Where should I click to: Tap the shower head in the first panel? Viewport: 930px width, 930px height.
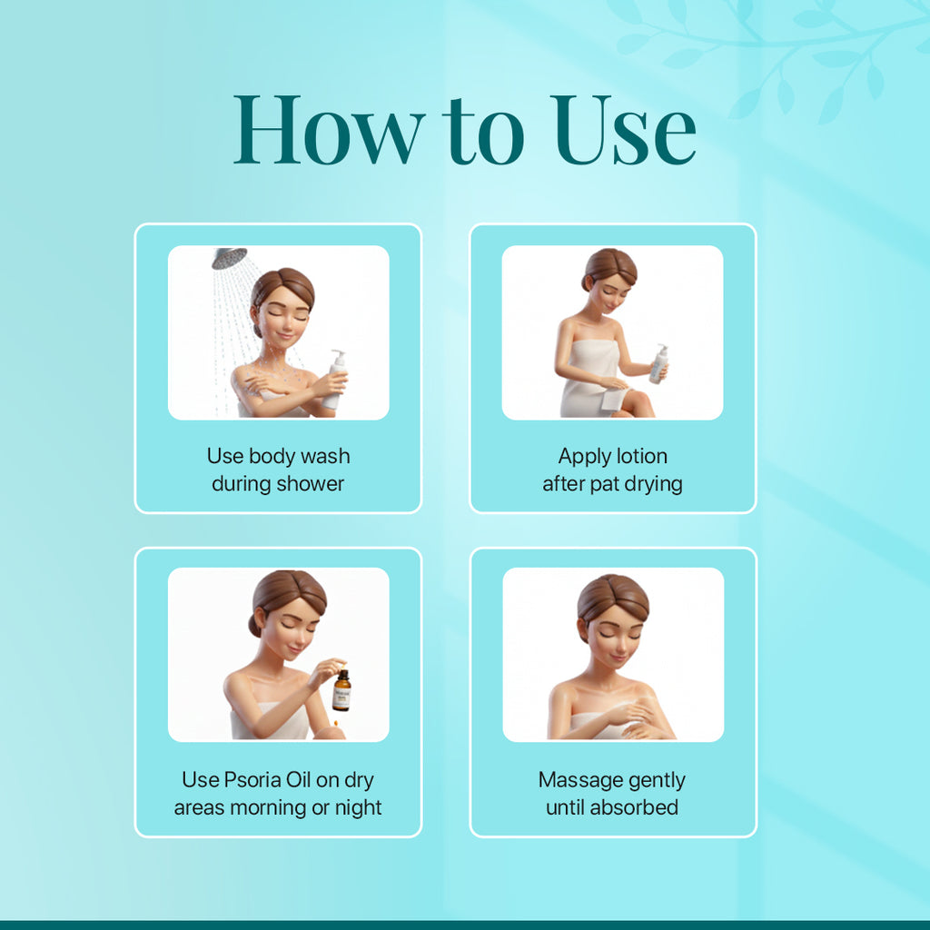click(x=228, y=259)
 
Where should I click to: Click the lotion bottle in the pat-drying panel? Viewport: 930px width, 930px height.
click(x=658, y=364)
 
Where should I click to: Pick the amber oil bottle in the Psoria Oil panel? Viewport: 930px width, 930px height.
click(x=341, y=691)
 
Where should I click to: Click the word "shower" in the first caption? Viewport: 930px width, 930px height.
click(x=310, y=484)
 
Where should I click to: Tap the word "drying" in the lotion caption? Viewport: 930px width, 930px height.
click(x=653, y=484)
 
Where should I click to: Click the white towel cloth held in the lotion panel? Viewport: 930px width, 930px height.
click(x=613, y=398)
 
